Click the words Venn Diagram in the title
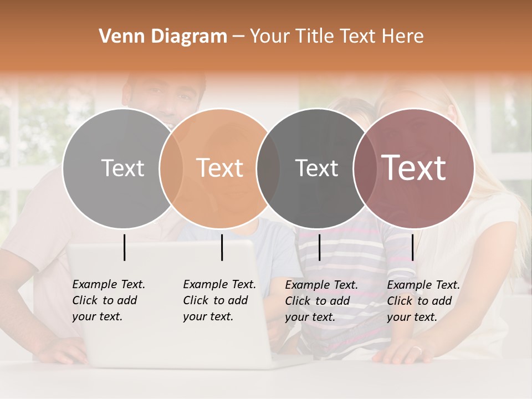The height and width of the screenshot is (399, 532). tap(163, 37)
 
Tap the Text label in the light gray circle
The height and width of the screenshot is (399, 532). tap(122, 168)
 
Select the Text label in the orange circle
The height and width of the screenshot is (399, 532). tap(220, 168)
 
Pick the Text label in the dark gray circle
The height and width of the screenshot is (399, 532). tap(316, 168)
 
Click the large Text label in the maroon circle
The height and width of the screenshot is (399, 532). tap(414, 168)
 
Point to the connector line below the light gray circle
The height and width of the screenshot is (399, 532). tap(125, 247)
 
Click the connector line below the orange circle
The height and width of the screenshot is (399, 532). tap(222, 247)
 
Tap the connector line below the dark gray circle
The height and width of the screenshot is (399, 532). tap(320, 247)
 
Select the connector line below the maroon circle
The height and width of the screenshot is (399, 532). tap(412, 247)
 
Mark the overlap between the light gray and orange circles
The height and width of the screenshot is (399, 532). tap(171, 168)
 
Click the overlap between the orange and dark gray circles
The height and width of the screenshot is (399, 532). tap(268, 168)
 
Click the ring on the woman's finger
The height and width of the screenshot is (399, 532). tap(418, 350)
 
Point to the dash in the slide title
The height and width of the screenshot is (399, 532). tap(238, 37)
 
